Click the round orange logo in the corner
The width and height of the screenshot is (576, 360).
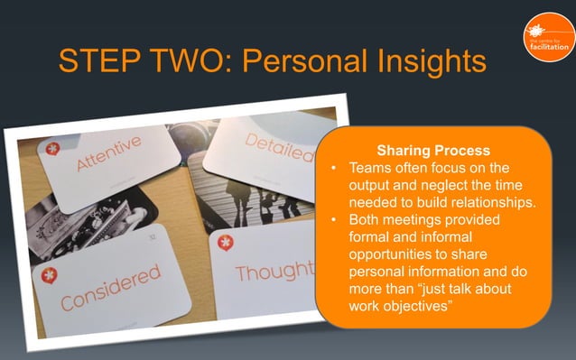546,35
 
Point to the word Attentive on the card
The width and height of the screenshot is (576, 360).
108,154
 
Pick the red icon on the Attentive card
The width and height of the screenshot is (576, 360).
53,147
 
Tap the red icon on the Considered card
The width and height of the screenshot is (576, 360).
49,275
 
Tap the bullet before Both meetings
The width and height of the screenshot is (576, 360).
334,220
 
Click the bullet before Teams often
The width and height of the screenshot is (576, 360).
334,169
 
